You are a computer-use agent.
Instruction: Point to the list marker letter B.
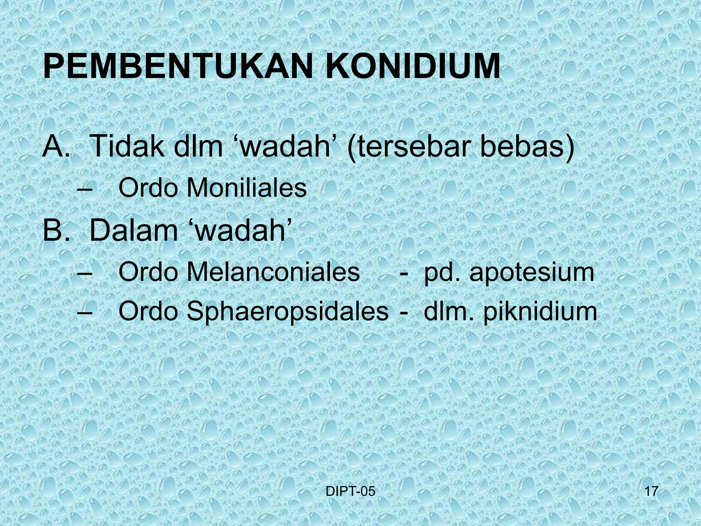(53, 231)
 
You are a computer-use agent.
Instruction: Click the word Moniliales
(246, 188)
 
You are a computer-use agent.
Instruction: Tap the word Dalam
(133, 231)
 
